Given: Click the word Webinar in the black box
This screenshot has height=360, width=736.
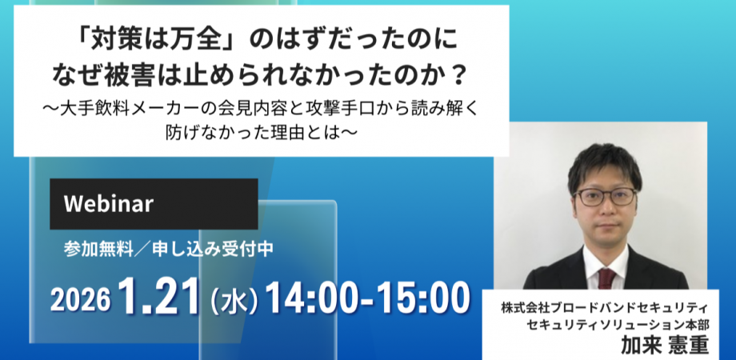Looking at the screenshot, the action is (x=109, y=204).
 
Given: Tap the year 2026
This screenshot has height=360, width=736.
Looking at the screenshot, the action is (x=80, y=300).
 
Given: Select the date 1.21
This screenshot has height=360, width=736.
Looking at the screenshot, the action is (x=159, y=297).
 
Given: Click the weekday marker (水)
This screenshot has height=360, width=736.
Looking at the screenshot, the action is (x=234, y=300).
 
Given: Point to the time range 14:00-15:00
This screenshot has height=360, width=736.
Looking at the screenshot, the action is (x=367, y=298).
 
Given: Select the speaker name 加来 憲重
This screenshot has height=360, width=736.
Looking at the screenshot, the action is (x=664, y=346).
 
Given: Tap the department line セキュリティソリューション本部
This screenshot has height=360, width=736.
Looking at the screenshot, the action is (x=618, y=324).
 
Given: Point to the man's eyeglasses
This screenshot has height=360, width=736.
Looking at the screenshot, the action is (x=606, y=197).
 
